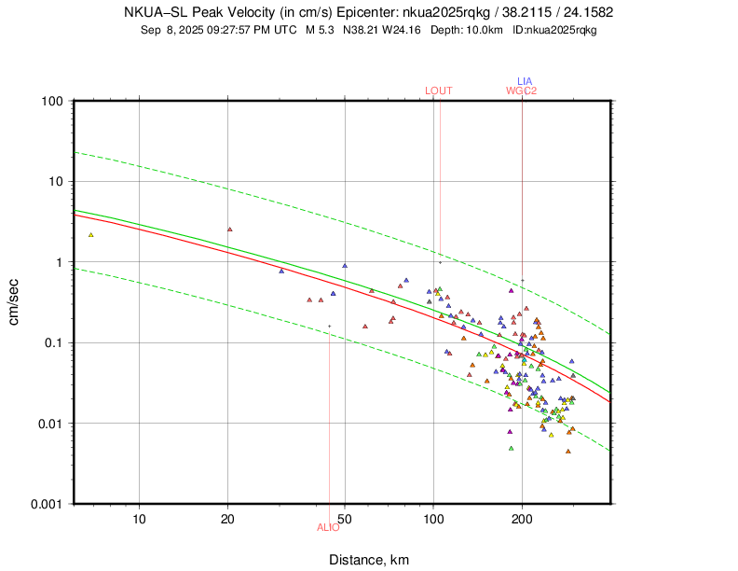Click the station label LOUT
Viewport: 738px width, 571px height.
[x=438, y=91]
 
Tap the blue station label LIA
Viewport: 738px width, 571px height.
[x=525, y=81]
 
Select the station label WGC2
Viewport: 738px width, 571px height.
[x=522, y=91]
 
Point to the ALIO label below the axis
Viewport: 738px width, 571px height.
[x=328, y=527]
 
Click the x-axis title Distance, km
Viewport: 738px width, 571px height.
[x=368, y=560]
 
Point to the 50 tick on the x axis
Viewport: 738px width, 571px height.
[x=345, y=519]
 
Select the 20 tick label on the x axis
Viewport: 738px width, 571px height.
[x=228, y=519]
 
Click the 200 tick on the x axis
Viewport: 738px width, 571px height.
[x=522, y=519]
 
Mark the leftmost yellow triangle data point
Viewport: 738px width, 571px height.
[x=91, y=235]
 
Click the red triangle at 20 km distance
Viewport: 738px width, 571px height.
[x=229, y=229]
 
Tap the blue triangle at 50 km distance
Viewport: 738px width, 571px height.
[x=345, y=265]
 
